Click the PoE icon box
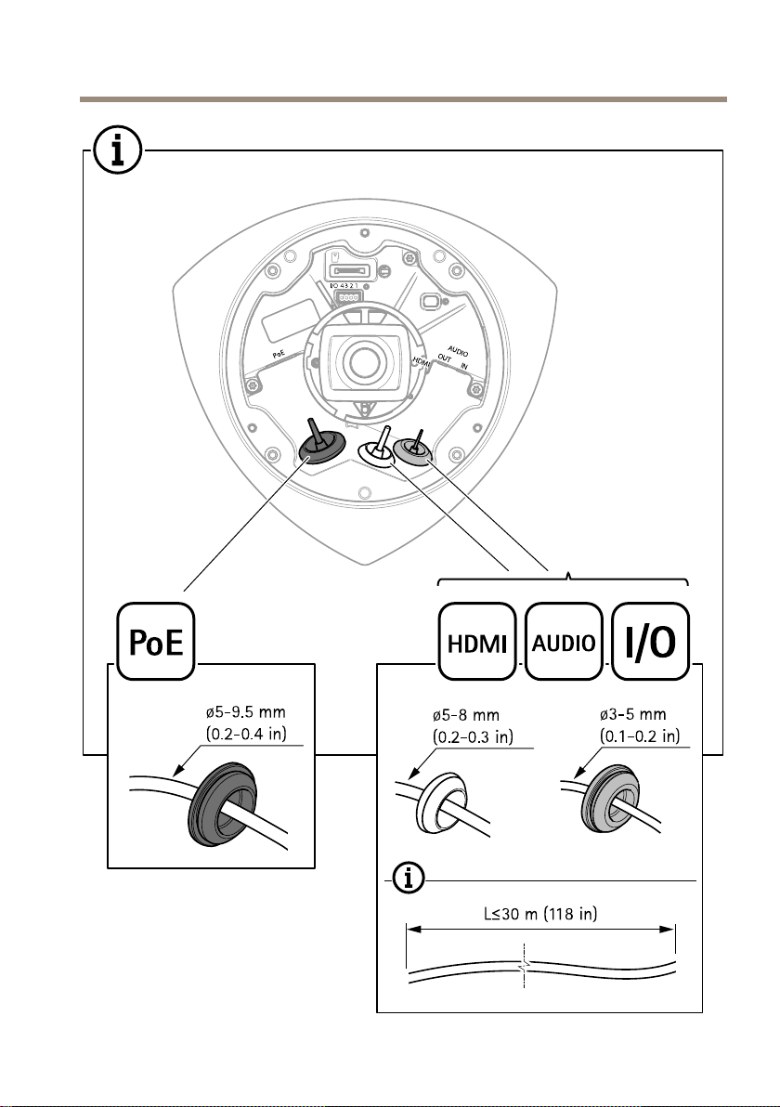[x=155, y=641]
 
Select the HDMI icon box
[x=477, y=641]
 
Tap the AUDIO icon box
[x=564, y=641]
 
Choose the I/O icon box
[x=650, y=641]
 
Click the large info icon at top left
[x=118, y=151]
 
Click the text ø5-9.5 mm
[x=246, y=713]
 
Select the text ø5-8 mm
[x=466, y=717]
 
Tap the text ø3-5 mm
[x=632, y=715]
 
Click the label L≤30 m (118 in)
[x=540, y=914]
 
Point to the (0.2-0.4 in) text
[x=246, y=734]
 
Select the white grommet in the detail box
[x=444, y=802]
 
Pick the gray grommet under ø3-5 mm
[x=613, y=800]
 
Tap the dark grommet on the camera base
[x=322, y=447]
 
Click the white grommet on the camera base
[x=378, y=452]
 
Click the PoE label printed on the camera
[x=279, y=354]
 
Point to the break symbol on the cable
[x=524, y=967]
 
